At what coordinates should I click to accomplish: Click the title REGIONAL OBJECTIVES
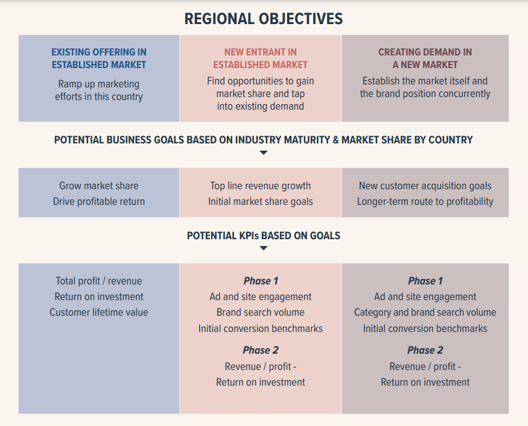(264, 19)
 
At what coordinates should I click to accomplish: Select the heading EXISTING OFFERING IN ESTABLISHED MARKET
(99, 58)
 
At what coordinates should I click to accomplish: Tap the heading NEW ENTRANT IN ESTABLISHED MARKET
(260, 58)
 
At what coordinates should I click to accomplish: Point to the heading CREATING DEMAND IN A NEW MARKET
(425, 58)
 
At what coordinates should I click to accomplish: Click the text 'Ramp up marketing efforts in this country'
(99, 90)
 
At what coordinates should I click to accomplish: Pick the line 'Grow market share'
(99, 186)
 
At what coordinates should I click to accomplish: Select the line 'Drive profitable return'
(99, 202)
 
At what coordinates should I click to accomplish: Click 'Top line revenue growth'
(261, 186)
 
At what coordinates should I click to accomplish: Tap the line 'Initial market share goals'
(261, 202)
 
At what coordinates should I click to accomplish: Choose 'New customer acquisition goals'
(425, 186)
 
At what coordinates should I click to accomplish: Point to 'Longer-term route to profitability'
(425, 202)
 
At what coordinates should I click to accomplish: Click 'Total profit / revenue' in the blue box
(99, 281)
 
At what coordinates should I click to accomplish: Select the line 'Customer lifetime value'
(99, 312)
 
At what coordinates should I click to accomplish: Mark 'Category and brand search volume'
(425, 312)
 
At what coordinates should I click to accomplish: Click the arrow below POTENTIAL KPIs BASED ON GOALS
(263, 248)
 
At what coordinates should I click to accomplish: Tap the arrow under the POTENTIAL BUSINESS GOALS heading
(263, 153)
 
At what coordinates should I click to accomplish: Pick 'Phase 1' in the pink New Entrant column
(261, 281)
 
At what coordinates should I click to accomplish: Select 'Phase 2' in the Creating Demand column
(425, 350)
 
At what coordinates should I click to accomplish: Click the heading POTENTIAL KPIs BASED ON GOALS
(264, 236)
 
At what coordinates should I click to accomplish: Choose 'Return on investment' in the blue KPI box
(99, 296)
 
